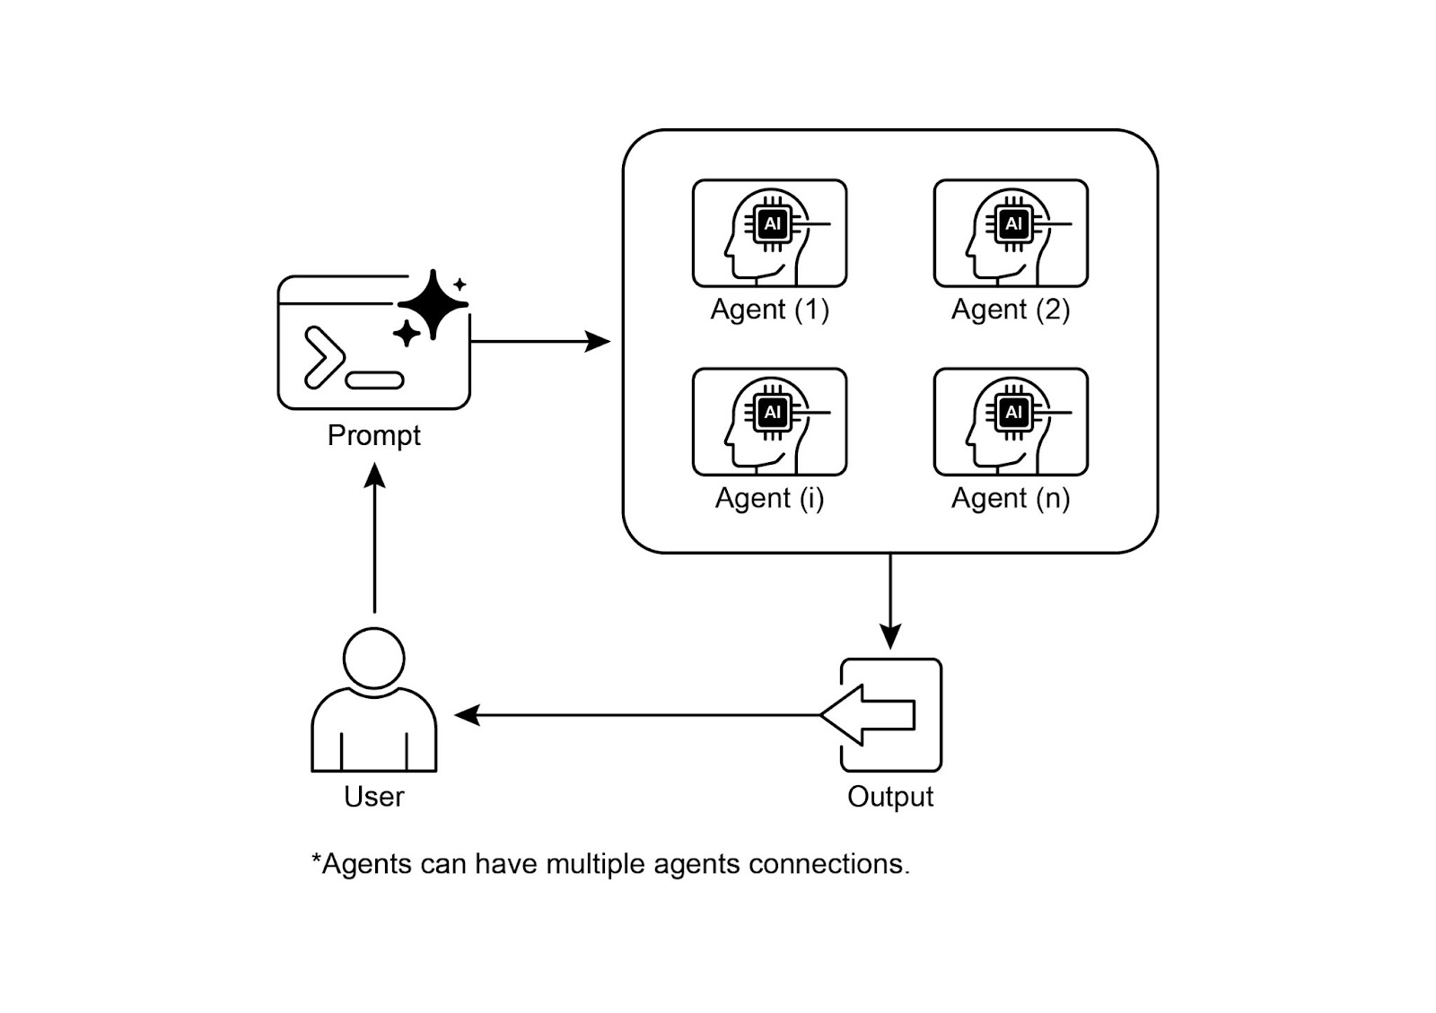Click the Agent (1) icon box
769,233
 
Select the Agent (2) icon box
1011,233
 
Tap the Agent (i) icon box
769,422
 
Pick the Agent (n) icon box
1011,422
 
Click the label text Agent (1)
769,310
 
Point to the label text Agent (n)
1011,498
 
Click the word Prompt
373,436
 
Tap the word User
373,797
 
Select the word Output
890,797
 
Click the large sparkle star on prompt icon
433,304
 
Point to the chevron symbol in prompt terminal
322,357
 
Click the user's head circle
374,658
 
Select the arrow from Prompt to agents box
538,341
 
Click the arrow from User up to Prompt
374,538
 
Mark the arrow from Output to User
637,715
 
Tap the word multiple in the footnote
595,864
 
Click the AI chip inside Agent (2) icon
1013,223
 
